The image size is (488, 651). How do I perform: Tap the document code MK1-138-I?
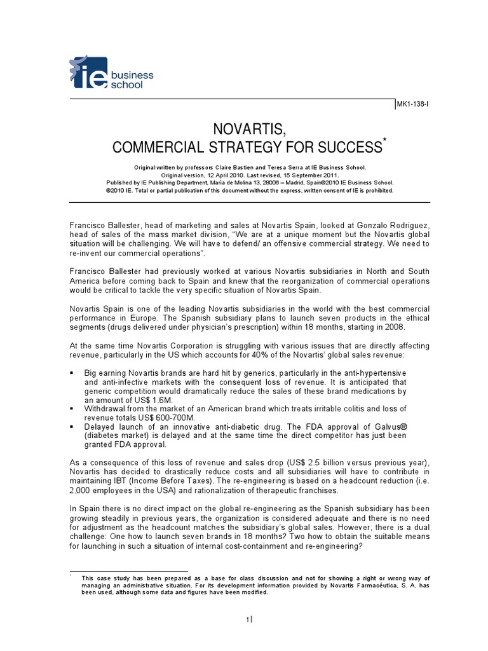coord(414,106)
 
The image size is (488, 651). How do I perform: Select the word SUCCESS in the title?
coord(348,148)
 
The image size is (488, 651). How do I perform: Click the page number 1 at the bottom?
coord(248,620)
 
